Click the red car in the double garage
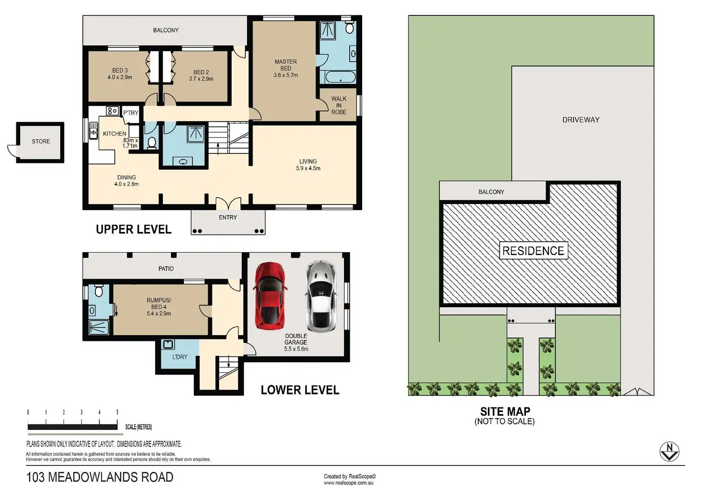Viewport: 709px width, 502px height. coord(270,296)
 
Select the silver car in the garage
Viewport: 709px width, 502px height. coord(321,296)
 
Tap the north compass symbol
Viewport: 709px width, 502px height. coord(670,451)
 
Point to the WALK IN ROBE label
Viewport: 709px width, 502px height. coord(339,105)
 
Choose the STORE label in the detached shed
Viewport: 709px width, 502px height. coord(41,141)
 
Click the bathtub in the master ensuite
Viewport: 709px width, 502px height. coord(338,77)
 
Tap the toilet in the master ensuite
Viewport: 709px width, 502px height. coord(349,27)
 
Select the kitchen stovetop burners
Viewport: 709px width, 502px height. coord(112,111)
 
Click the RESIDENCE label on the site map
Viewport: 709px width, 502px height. coord(533,251)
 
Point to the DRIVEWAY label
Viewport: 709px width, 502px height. coord(581,120)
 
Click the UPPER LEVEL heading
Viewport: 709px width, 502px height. coord(133,229)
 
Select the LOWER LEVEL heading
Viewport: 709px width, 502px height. coord(300,390)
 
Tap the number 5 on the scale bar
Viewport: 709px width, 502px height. coord(117,412)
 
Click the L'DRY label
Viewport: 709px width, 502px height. coord(180,357)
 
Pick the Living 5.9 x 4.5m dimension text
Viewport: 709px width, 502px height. coord(308,168)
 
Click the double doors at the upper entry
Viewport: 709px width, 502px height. coord(228,204)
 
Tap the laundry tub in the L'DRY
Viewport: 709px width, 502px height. coord(168,344)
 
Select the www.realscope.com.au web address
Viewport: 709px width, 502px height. coord(349,483)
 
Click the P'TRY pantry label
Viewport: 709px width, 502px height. coord(131,113)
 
